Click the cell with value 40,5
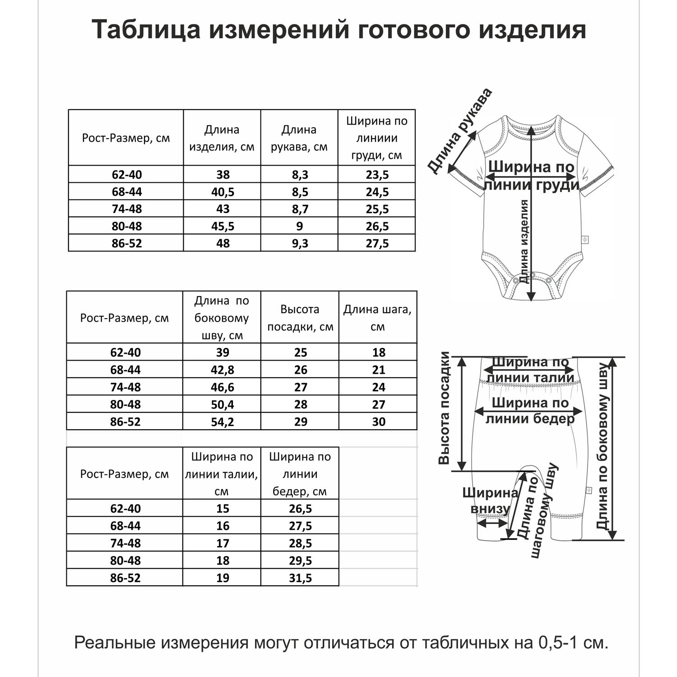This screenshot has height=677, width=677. tap(223, 192)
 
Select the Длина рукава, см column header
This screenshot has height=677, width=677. tap(299, 138)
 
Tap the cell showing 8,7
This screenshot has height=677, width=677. tap(300, 209)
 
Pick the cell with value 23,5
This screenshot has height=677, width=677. tap(377, 175)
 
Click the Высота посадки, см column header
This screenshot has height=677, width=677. tap(300, 318)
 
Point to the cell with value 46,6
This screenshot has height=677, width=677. tap(223, 387)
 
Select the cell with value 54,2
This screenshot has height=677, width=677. tap(223, 422)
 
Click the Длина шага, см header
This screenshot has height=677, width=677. tap(378, 318)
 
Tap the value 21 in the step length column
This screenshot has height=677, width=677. tap(378, 370)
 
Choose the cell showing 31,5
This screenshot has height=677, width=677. tap(300, 578)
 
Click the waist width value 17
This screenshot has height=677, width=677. tap(223, 543)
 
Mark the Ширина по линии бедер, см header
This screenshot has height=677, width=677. tap(300, 474)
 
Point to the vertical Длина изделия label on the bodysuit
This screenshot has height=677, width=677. tap(524, 241)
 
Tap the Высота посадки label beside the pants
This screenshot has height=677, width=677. tap(444, 408)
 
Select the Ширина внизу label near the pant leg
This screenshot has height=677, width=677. tap(489, 501)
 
